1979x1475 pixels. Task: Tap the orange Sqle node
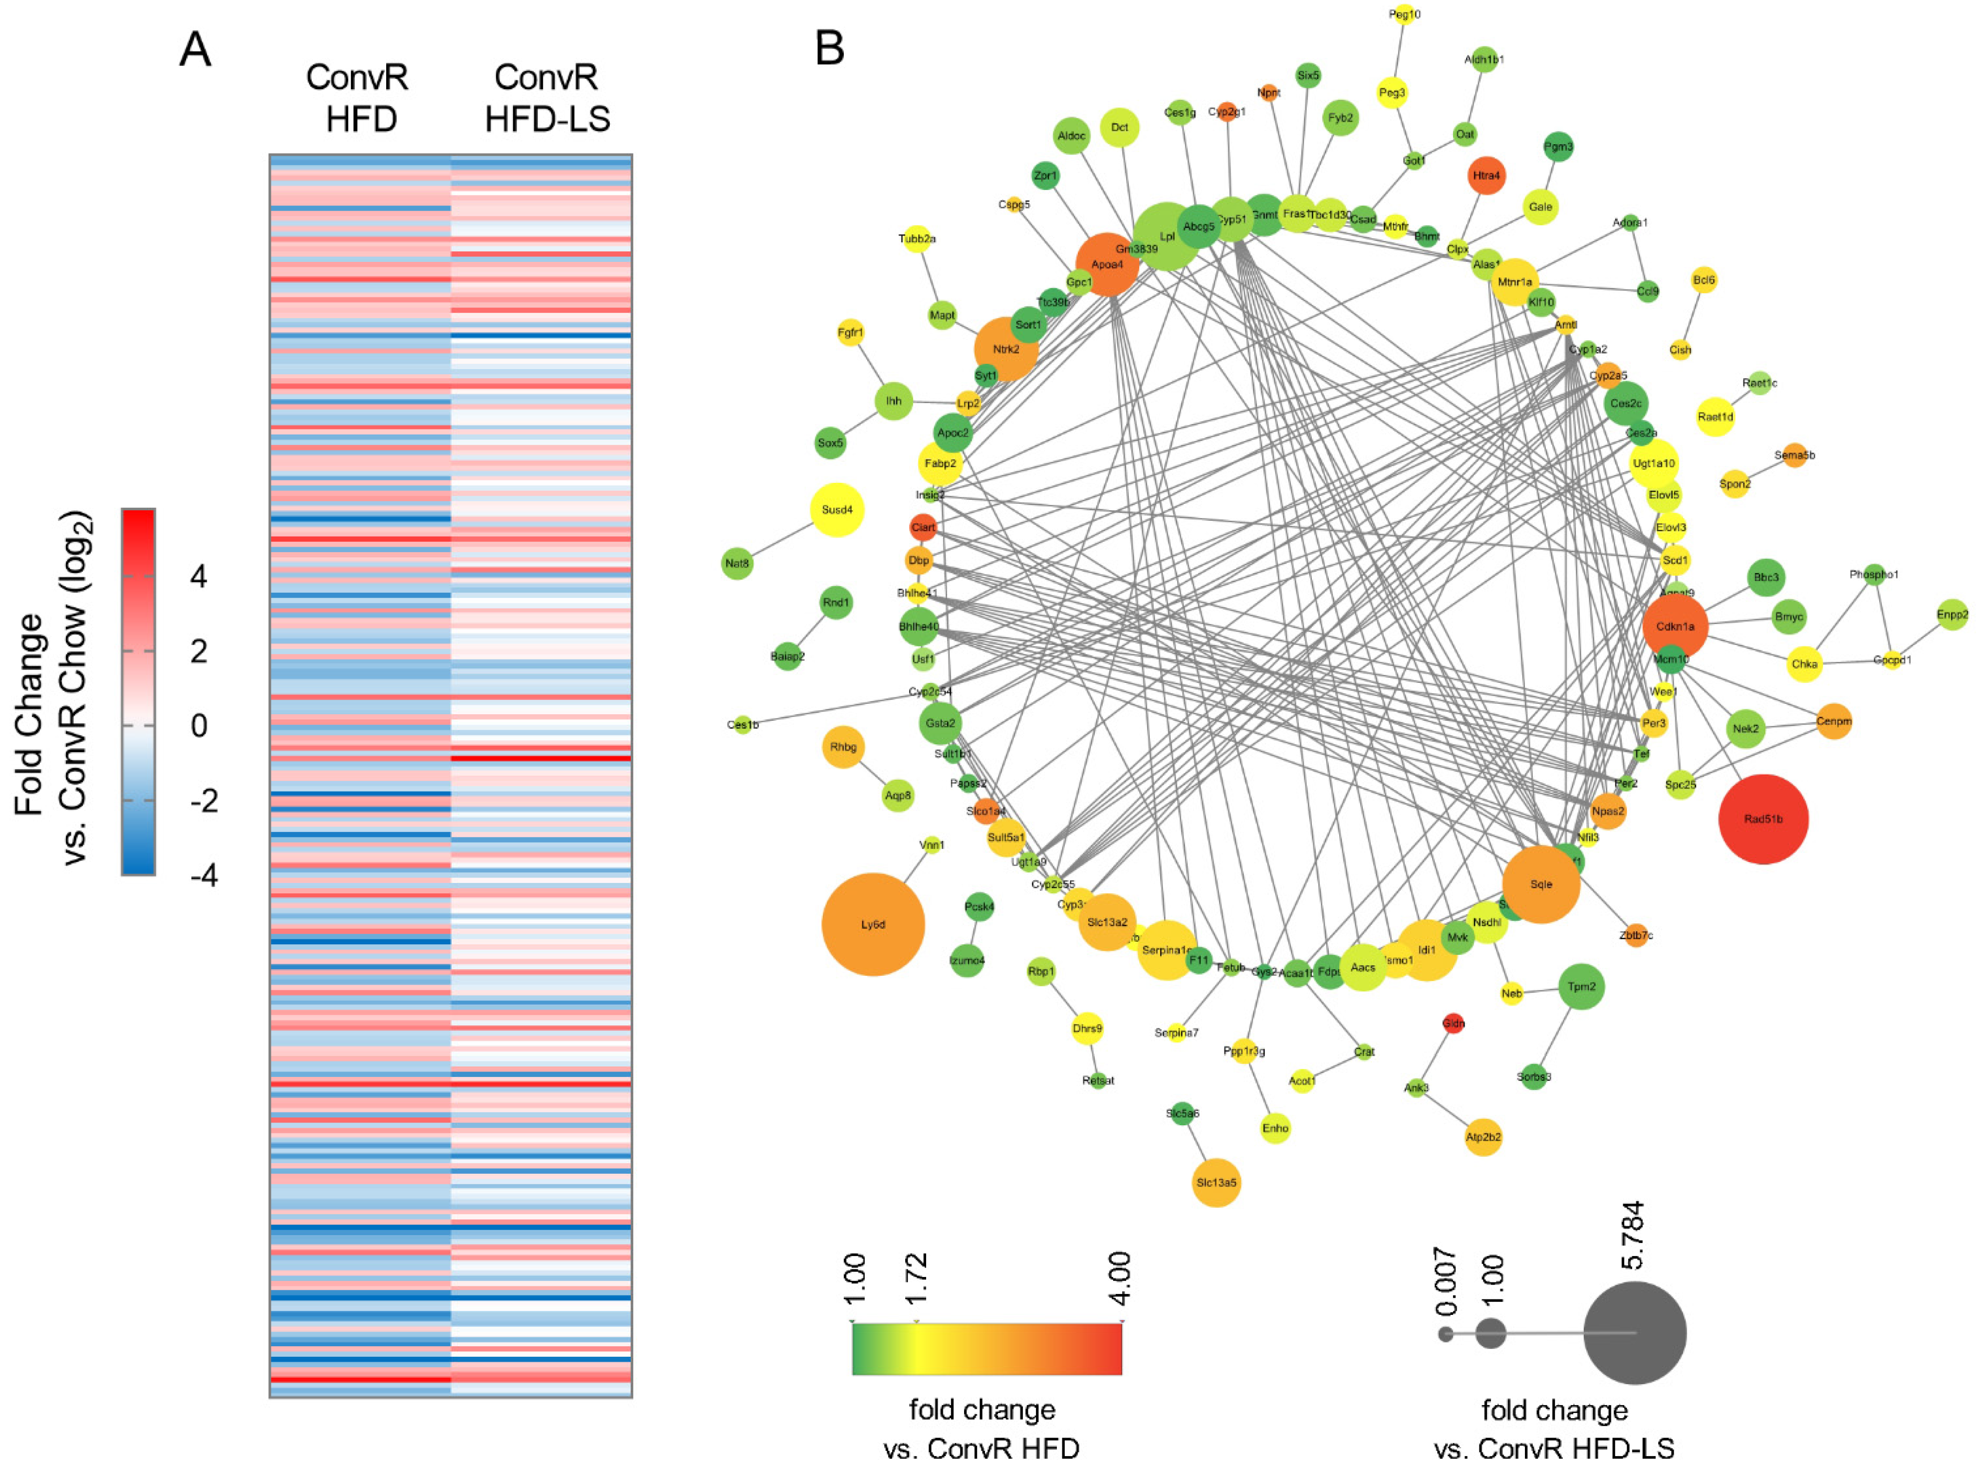(x=1540, y=884)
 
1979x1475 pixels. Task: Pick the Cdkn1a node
(x=1675, y=626)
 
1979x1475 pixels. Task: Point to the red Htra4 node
(x=1486, y=175)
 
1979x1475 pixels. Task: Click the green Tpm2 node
(x=1581, y=987)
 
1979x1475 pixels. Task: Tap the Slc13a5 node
(x=1216, y=1182)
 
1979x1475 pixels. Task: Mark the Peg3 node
(x=1391, y=92)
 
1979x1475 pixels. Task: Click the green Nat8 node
(x=737, y=563)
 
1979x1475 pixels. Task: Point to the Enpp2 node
(x=1952, y=614)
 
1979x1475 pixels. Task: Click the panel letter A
(x=196, y=49)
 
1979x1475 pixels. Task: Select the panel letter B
(x=830, y=47)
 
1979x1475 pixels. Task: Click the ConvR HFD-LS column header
(x=546, y=98)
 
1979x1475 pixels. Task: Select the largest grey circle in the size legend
(x=1634, y=1332)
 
